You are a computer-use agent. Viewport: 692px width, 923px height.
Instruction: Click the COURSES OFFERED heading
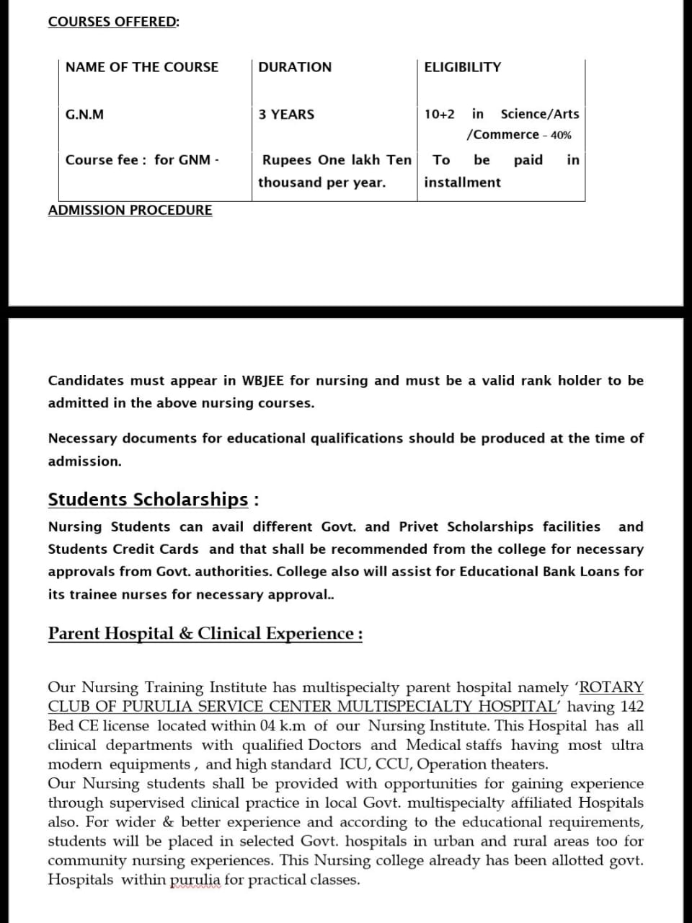(x=113, y=22)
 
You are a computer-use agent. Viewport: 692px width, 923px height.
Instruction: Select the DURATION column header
(x=295, y=67)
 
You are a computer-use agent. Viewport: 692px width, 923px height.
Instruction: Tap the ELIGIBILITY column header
(x=462, y=67)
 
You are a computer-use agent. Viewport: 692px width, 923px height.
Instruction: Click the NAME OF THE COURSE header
(x=141, y=67)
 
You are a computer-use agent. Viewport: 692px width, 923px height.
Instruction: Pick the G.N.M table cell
(x=84, y=115)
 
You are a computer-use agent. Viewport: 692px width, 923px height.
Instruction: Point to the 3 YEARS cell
(x=286, y=115)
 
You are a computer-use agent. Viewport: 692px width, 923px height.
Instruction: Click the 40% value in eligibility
(x=561, y=136)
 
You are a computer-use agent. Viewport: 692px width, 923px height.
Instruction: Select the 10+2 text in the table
(x=439, y=115)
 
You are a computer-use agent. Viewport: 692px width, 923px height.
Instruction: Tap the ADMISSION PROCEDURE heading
(x=130, y=211)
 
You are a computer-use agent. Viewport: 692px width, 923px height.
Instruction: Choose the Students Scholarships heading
(x=148, y=500)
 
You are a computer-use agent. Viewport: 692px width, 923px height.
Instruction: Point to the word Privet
(x=418, y=527)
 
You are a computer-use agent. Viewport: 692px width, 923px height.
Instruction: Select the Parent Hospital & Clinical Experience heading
(x=205, y=634)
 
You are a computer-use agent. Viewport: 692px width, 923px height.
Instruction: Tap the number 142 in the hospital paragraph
(x=631, y=707)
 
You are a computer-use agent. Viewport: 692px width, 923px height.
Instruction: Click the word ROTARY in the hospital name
(x=611, y=688)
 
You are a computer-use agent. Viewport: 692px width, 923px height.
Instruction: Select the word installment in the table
(x=462, y=182)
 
